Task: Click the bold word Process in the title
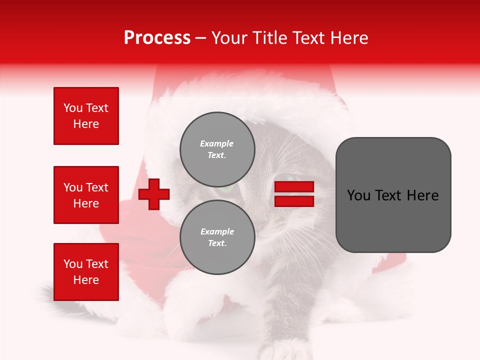click(157, 38)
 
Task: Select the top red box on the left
click(86, 116)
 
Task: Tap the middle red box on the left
click(86, 195)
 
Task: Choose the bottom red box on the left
click(86, 272)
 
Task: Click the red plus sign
click(154, 194)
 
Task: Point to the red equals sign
click(294, 194)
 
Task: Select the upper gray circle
click(217, 149)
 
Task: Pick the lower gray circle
click(217, 237)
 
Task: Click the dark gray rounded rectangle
click(393, 195)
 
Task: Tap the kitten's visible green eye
click(225, 189)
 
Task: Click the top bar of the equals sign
click(294, 187)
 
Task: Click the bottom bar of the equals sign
click(294, 201)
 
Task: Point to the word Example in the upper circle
click(217, 143)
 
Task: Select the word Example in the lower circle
click(217, 231)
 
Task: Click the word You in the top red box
click(73, 108)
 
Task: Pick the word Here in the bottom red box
click(86, 280)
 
